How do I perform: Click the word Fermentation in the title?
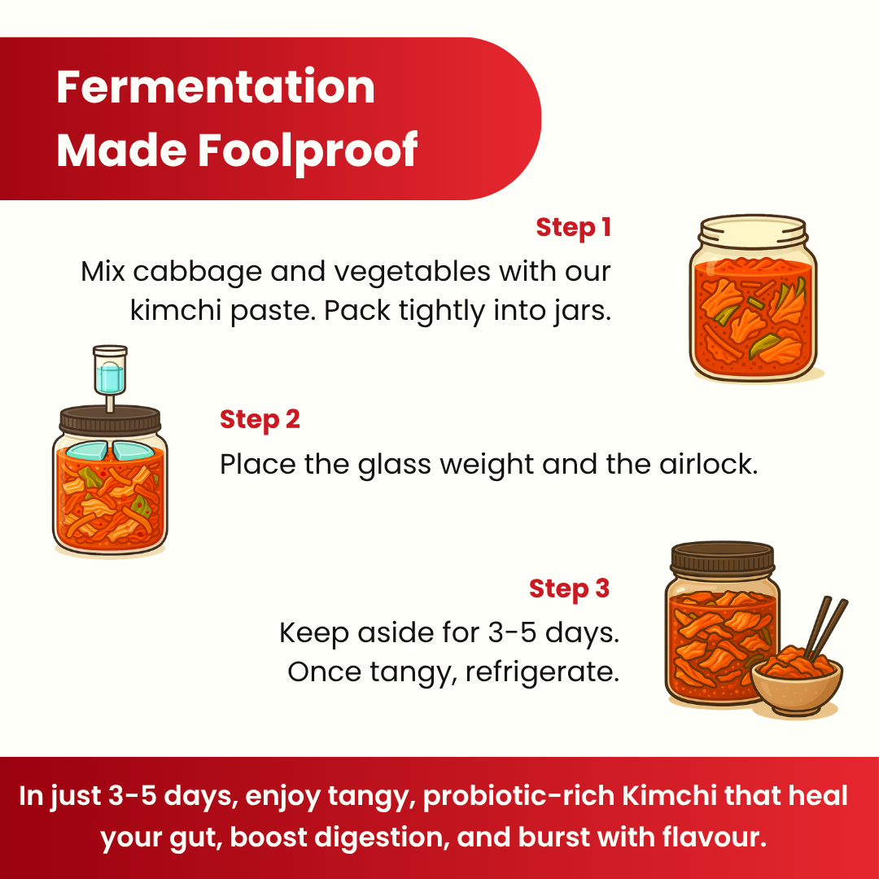click(x=216, y=87)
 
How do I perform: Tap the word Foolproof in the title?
click(x=308, y=151)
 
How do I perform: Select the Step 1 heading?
click(x=573, y=228)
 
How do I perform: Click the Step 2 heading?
click(x=260, y=420)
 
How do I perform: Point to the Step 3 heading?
click(x=569, y=588)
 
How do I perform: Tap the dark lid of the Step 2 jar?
click(x=111, y=421)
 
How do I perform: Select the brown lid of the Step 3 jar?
click(x=723, y=558)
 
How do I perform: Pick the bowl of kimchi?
click(x=797, y=682)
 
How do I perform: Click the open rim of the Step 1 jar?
click(x=753, y=225)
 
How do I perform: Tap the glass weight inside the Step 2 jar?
click(x=110, y=451)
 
